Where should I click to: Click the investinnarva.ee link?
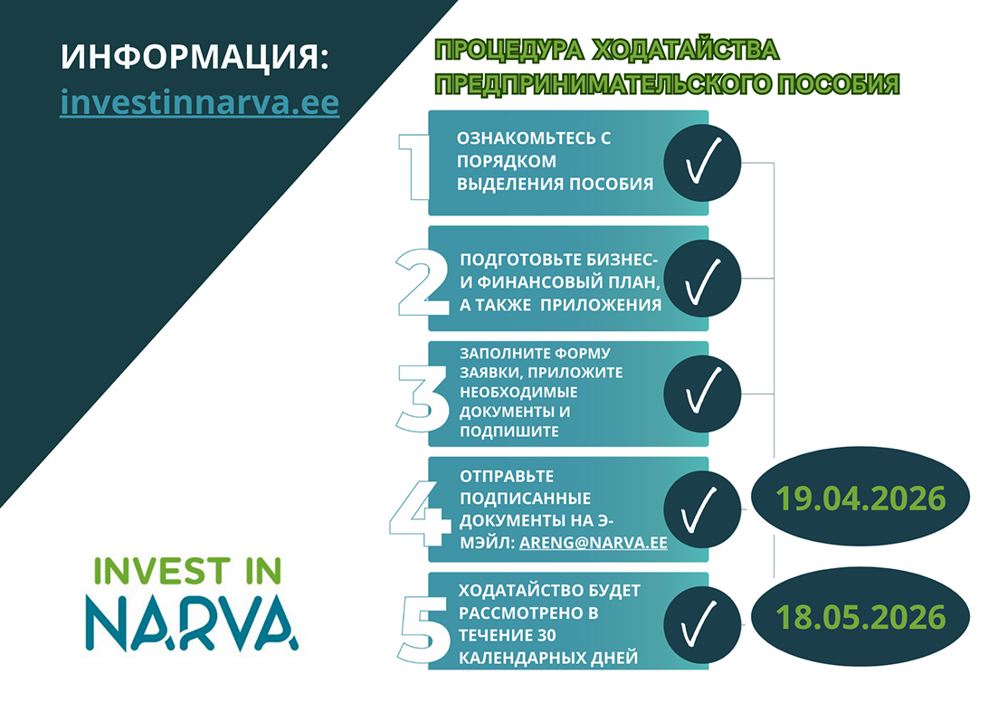199,102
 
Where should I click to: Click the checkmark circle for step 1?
703,164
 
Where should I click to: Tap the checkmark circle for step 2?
703,279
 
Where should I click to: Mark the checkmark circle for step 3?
703,394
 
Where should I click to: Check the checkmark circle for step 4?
703,509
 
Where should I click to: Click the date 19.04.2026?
860,498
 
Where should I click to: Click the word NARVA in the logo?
195,619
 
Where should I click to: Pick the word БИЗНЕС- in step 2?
623,257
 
